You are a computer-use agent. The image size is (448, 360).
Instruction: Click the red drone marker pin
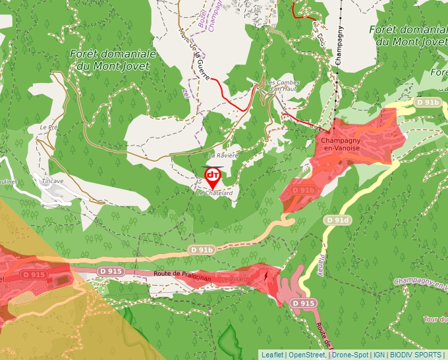click(x=212, y=176)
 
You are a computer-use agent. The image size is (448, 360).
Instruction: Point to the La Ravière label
click(x=222, y=155)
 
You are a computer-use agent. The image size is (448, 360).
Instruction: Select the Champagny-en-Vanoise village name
click(x=340, y=144)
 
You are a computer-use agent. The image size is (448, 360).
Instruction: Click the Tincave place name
click(x=52, y=181)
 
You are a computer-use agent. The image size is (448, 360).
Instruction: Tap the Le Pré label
click(x=49, y=127)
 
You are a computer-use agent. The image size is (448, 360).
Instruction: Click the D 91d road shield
click(x=337, y=219)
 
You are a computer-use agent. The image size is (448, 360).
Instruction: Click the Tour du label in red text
click(x=435, y=319)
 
